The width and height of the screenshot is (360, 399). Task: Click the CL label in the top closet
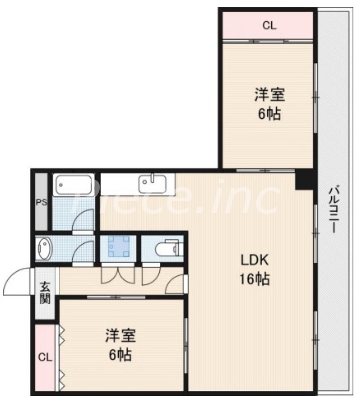[x=269, y=26]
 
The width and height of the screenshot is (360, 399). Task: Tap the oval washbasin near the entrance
[x=44, y=248]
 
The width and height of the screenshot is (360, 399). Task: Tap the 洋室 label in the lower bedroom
[x=120, y=336]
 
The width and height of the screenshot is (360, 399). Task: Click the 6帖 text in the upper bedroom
[x=269, y=114]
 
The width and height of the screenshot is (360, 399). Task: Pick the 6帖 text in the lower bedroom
[x=120, y=355]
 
